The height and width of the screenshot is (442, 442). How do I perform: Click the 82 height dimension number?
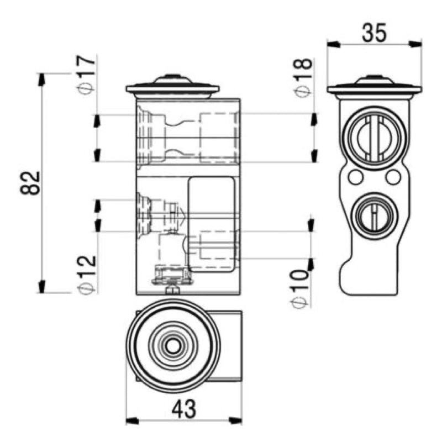coord(30,183)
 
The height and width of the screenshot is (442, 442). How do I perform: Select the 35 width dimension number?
coord(374,33)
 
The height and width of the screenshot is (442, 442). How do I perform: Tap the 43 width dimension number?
coord(184,409)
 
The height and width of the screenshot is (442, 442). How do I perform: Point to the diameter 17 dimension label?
coord(86,75)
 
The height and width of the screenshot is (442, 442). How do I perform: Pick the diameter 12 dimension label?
coord(87,274)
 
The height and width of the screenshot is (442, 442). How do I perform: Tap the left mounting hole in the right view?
coord(355,177)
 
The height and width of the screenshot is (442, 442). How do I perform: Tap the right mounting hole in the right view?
coord(393,177)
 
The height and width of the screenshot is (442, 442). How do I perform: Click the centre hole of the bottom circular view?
coord(173,346)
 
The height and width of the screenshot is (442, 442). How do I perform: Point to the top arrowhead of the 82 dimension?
coord(41,80)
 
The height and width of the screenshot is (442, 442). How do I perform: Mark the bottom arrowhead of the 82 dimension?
coord(41,286)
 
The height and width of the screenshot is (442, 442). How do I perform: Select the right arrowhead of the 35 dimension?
coord(415,44)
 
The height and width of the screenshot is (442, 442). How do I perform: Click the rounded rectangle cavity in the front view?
coord(212,224)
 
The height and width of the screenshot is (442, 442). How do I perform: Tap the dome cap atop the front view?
coord(172,79)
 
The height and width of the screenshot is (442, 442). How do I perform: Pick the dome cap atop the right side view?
coord(374,80)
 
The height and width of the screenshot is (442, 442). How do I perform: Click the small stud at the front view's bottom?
coord(172,290)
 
